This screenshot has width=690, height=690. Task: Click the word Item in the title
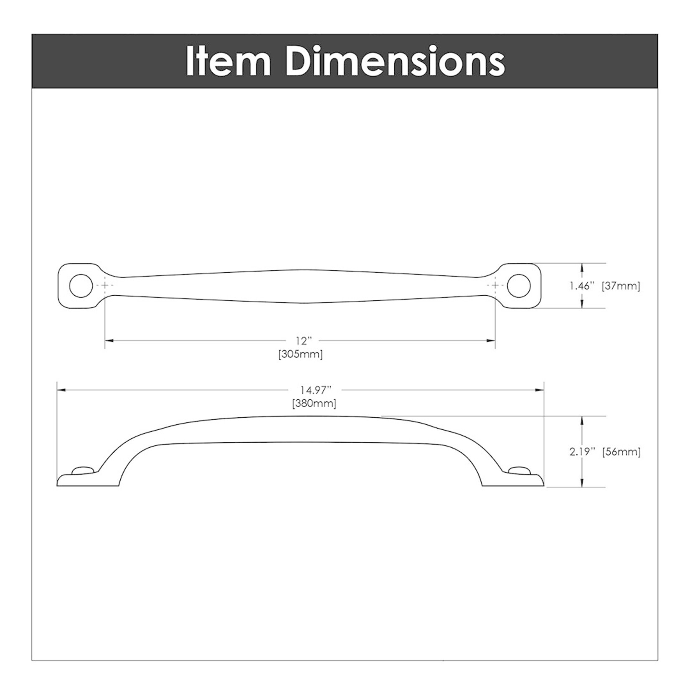tap(228, 61)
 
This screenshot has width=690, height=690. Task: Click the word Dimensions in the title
tap(395, 61)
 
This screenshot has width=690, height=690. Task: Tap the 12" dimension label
tap(304, 341)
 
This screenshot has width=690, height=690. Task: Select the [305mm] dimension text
tap(300, 355)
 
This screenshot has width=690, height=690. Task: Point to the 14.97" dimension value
tap(316, 390)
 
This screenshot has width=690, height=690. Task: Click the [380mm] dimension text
tap(314, 403)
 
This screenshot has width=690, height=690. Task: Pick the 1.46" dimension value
tap(582, 286)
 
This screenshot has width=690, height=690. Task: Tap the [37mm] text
tap(621, 286)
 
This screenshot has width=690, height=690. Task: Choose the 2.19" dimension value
tap(582, 452)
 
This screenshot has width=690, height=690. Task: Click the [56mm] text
tap(622, 452)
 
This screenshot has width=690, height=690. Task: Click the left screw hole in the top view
tap(81, 286)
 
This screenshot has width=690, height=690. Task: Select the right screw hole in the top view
tap(519, 286)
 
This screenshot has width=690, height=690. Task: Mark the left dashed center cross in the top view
tap(104, 285)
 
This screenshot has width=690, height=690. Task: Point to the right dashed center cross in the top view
tap(495, 285)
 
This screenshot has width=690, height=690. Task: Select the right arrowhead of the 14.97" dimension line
tap(540, 390)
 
